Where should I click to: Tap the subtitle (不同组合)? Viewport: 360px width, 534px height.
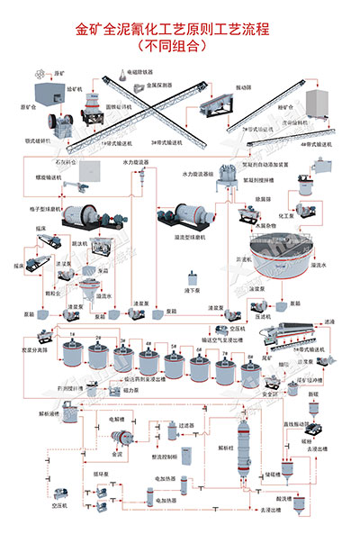180,45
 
